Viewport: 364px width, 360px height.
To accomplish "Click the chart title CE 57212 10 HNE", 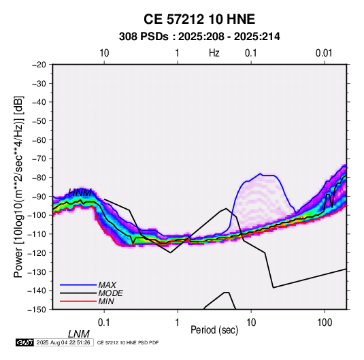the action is (199, 19).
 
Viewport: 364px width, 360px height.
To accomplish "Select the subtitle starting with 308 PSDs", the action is (199, 37).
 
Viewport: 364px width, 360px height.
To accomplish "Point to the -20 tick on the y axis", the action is (39, 65).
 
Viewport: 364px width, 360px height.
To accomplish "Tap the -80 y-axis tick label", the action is (39, 178).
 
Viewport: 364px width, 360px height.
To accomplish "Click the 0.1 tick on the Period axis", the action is (103, 322).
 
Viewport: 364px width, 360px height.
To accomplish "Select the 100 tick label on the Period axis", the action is (325, 322).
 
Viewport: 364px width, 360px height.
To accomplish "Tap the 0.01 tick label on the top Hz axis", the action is (324, 53).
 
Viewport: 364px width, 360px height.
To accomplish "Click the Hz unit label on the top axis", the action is (214, 53).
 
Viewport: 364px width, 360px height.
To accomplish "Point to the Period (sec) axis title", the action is (214, 330).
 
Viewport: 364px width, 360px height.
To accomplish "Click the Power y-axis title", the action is (18, 186).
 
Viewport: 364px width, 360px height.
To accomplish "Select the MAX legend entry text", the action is (107, 284).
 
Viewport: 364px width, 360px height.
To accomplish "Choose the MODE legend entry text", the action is (110, 293).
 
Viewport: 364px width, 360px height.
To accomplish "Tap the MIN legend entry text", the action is (106, 301).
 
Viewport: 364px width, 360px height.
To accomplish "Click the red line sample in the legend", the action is (78, 301).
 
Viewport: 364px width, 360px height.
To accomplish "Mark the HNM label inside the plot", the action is (80, 193).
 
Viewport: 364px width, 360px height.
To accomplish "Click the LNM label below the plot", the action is (79, 334).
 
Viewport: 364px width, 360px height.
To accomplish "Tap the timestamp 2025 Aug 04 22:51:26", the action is (63, 342).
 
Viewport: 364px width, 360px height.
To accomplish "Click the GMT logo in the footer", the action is (25, 342).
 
